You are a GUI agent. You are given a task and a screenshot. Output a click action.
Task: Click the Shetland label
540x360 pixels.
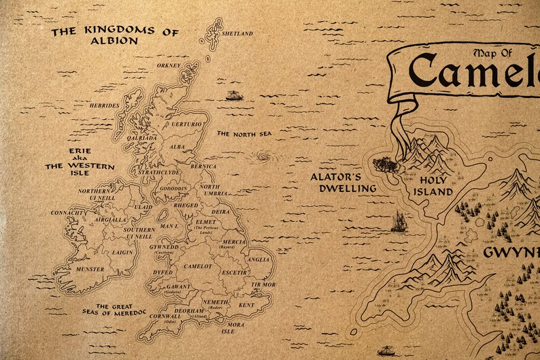(238, 33)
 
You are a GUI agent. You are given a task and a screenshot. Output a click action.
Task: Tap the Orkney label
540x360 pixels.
(169, 65)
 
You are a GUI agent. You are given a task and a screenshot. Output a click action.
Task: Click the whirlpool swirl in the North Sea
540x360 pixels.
(259, 159)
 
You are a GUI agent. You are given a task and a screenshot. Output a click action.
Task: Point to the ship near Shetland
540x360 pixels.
(233, 95)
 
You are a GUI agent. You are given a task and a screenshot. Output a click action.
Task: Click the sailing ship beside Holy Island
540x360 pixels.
(399, 221)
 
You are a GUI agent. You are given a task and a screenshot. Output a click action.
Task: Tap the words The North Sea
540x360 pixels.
(244, 134)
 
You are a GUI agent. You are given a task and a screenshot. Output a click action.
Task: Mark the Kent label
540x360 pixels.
(246, 306)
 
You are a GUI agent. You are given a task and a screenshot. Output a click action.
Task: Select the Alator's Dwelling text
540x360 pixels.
(343, 182)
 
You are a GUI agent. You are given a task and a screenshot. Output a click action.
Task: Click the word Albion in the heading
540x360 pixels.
(114, 41)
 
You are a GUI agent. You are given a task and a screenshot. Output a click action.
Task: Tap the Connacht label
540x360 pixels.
(68, 213)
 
